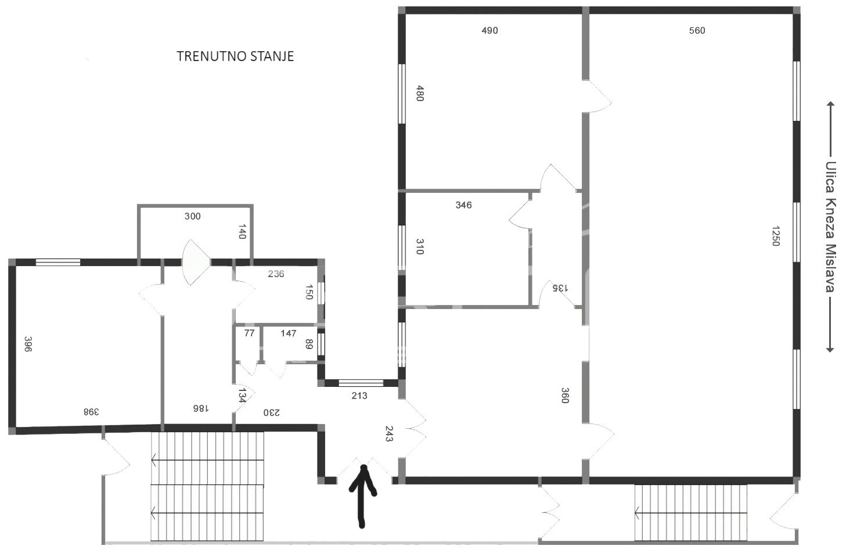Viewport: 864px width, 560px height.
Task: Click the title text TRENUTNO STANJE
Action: [235, 56]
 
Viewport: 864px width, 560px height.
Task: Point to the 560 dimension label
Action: [697, 30]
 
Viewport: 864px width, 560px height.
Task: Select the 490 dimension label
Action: [490, 30]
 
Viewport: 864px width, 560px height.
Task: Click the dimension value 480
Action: [420, 94]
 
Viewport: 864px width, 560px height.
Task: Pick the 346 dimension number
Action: [463, 205]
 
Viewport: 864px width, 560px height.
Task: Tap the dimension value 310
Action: [420, 247]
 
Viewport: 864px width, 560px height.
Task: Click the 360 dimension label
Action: [565, 396]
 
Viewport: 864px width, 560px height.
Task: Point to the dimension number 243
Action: [389, 434]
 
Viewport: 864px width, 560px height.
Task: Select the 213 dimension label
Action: [359, 396]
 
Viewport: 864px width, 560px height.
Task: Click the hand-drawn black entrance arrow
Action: [362, 496]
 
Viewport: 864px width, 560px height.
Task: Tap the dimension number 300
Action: [192, 216]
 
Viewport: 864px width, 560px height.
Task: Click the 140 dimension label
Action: [242, 232]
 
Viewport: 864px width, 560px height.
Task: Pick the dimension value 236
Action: [276, 274]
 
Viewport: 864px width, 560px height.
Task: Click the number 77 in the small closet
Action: [250, 333]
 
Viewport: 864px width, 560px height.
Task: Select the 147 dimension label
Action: [289, 333]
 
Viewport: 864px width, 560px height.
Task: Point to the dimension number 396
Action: [28, 344]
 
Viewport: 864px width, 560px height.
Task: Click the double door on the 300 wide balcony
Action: [196, 263]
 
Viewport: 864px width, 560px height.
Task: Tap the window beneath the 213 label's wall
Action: [361, 383]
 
